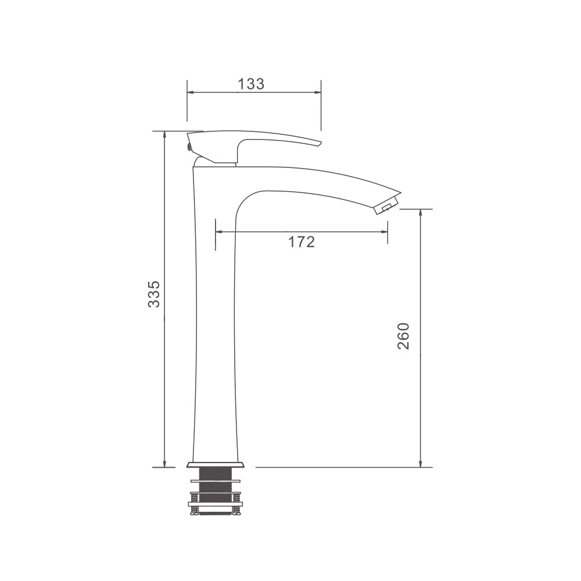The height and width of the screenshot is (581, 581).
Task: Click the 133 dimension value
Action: coord(251,84)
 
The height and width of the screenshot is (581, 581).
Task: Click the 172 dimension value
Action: coord(301,242)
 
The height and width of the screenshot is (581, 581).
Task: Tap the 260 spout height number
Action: coord(403,336)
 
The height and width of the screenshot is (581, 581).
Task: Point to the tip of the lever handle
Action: coord(320,143)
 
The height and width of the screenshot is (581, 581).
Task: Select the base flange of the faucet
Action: coord(216,465)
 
